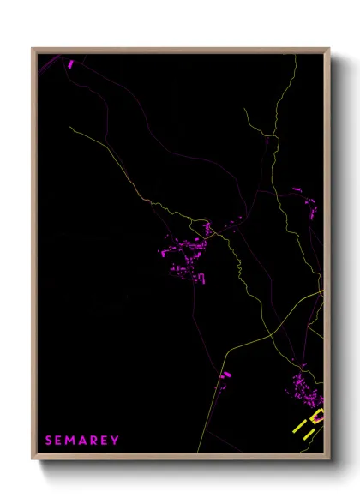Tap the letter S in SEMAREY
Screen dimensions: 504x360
coord(49,440)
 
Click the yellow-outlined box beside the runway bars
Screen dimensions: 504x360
coord(317,417)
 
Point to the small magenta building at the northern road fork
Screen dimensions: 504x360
coord(267,138)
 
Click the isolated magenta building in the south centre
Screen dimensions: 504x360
coord(226,375)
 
